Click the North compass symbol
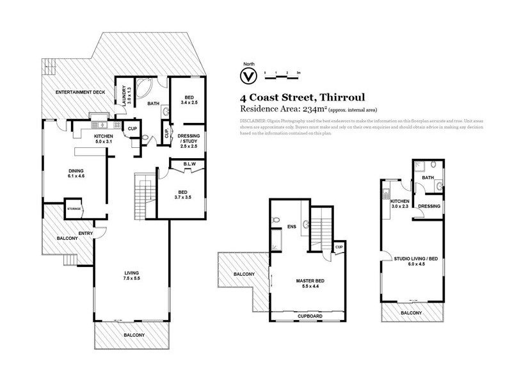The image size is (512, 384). (245, 76)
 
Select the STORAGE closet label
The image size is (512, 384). (74, 209)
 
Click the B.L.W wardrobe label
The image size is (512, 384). (190, 166)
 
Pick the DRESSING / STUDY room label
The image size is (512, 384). (189, 141)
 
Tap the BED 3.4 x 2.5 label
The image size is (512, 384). (189, 99)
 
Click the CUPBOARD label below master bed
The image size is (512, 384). (309, 316)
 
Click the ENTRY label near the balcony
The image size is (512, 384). (86, 234)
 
